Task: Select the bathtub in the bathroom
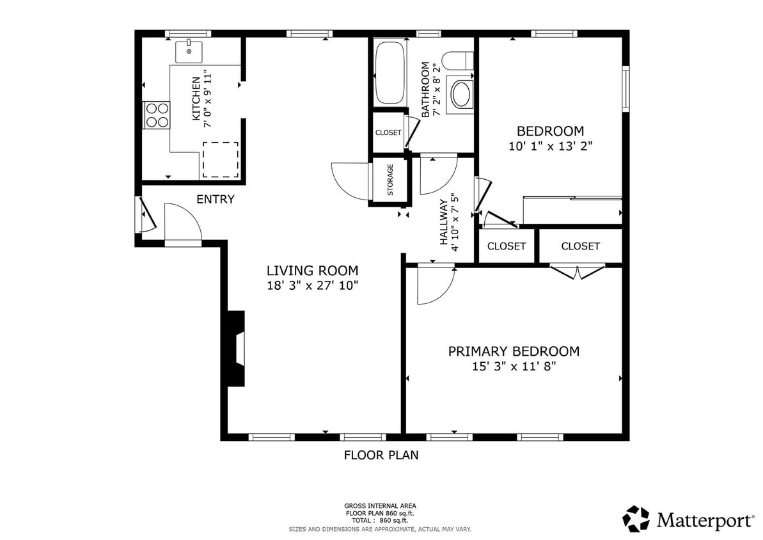point(389,72)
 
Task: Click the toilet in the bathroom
point(459,61)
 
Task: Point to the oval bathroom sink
point(461,94)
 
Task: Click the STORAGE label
point(390,180)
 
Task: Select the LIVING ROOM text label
point(312,271)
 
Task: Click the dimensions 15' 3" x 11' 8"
point(514,367)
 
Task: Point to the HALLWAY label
point(443,222)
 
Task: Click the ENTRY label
point(215,200)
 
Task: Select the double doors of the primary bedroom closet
point(578,273)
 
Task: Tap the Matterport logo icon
point(636,519)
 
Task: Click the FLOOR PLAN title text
point(381,456)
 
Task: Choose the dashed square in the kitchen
point(221,160)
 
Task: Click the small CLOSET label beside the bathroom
point(388,133)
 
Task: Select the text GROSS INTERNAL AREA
point(381,506)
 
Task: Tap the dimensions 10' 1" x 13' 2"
point(550,146)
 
